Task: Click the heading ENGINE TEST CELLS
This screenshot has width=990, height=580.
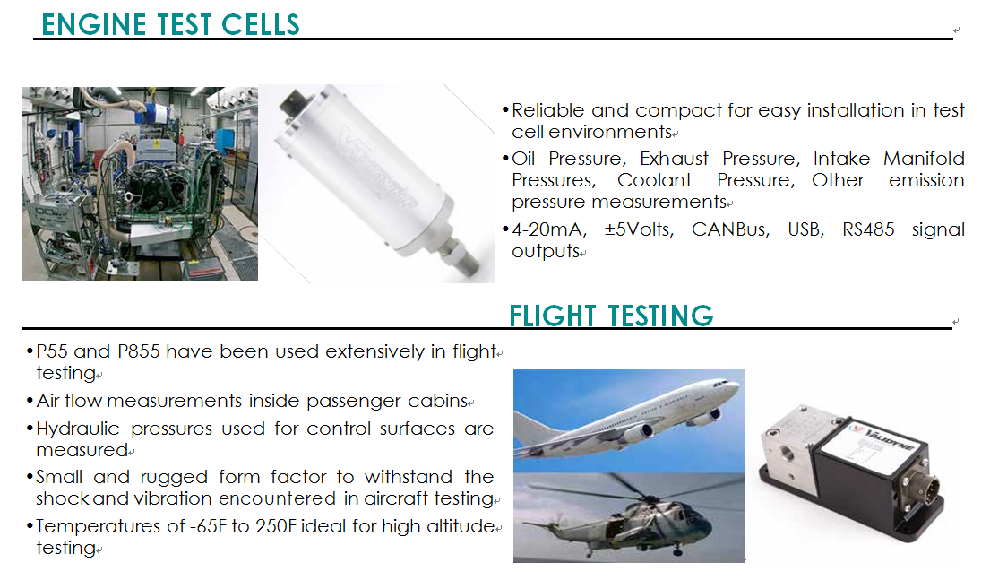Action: click(170, 24)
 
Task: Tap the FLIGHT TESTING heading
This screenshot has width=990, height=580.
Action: click(611, 316)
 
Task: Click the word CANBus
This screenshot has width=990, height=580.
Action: click(730, 229)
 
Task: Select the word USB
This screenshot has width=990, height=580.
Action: click(805, 229)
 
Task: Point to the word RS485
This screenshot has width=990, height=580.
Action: click(868, 229)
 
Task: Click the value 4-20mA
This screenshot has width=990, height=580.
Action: click(549, 229)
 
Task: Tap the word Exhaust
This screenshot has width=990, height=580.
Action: click(674, 159)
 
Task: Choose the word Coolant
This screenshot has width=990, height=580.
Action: click(654, 181)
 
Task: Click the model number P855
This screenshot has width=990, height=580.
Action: click(139, 351)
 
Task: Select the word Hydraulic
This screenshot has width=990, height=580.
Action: click(78, 429)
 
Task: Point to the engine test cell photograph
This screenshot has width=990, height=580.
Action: click(140, 184)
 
